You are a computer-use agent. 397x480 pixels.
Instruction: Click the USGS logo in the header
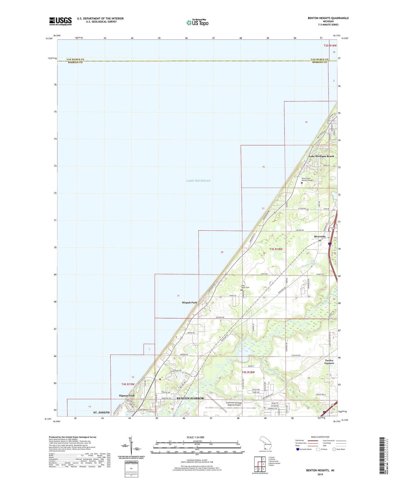[x=60, y=21]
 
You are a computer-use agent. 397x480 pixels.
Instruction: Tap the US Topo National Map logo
[x=197, y=23]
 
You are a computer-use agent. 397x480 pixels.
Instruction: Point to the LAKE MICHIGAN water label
[x=198, y=181]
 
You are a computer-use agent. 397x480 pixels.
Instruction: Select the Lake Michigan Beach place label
[x=321, y=156]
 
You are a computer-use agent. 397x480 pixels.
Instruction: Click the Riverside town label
[x=320, y=236]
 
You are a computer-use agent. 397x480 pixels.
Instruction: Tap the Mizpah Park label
[x=189, y=302]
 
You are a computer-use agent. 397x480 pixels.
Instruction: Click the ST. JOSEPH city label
[x=101, y=412]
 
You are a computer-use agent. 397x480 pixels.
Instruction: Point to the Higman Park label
[x=127, y=396]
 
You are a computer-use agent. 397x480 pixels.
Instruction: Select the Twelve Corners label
[x=329, y=362]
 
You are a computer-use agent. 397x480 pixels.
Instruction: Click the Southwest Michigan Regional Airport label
[x=234, y=404]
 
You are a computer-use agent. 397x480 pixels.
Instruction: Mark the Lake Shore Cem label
[x=245, y=286]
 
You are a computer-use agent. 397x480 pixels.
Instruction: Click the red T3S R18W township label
[x=276, y=249]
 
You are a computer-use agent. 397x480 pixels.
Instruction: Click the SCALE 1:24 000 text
[x=197, y=437]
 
